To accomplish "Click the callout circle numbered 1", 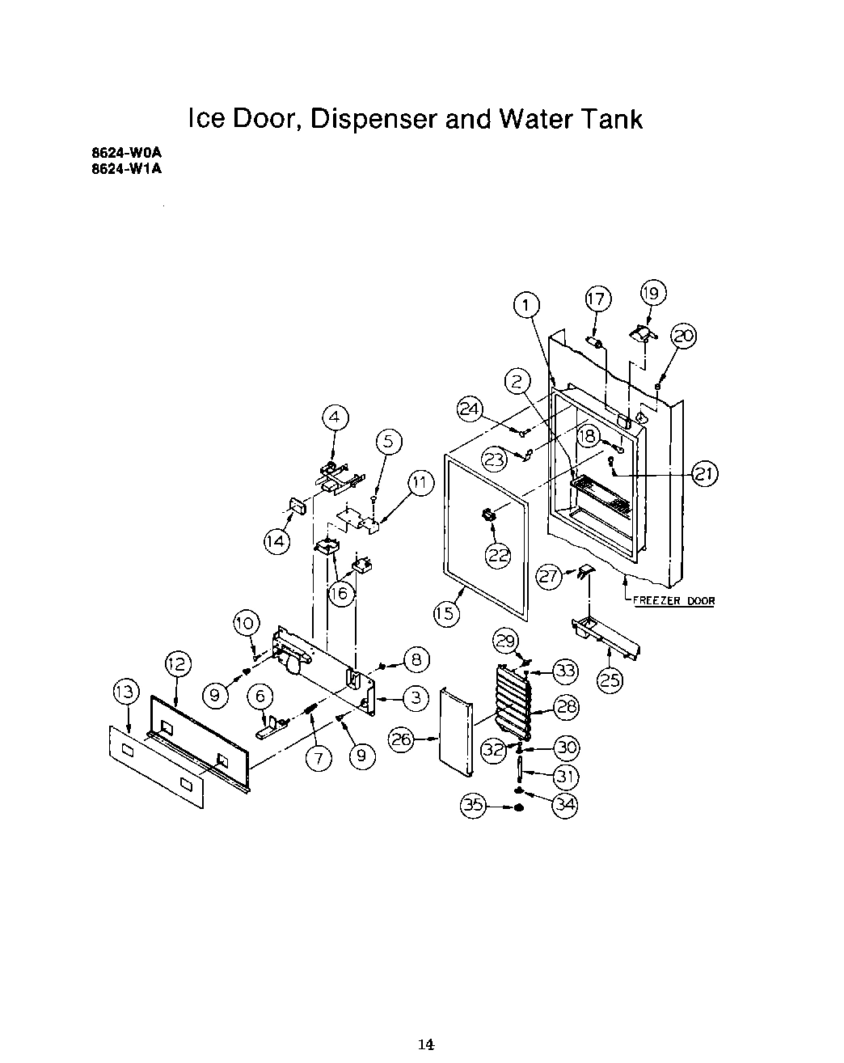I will [526, 306].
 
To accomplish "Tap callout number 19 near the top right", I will [652, 292].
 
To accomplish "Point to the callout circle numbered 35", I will [474, 805].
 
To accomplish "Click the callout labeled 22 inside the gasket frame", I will [499, 554].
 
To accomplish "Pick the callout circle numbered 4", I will [335, 417].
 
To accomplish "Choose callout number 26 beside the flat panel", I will [403, 739].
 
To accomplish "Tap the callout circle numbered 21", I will [705, 474].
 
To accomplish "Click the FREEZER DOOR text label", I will [673, 601].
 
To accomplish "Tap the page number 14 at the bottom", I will [427, 1044].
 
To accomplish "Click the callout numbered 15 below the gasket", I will [445, 614].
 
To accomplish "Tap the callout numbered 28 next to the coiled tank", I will [567, 708].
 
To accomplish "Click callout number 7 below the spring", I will [319, 758].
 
